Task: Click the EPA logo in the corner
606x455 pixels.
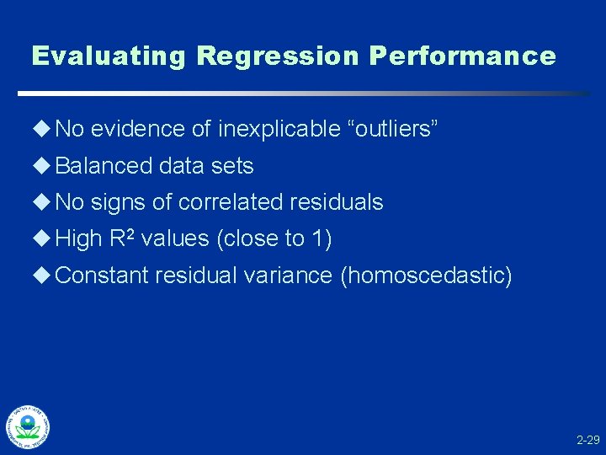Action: (28, 426)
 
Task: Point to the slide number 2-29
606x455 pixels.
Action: (587, 440)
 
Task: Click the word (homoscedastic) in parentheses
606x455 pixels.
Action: (425, 276)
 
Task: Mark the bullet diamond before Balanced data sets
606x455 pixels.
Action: (42, 166)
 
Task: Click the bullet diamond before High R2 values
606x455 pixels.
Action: (42, 239)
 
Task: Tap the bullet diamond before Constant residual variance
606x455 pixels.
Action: (42, 276)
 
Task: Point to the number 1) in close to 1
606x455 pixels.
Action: (322, 239)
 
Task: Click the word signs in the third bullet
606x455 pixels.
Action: (118, 202)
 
